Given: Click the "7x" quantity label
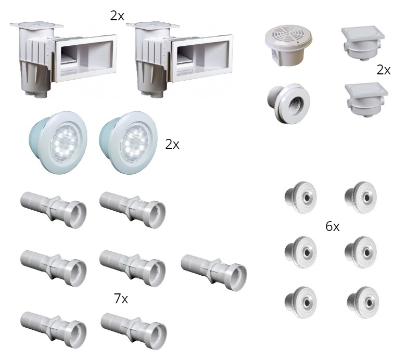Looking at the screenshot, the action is click(x=121, y=299).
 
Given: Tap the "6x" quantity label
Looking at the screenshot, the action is click(x=333, y=226).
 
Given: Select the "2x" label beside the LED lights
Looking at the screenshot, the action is click(x=172, y=145).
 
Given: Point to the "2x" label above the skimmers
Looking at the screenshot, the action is click(x=117, y=16).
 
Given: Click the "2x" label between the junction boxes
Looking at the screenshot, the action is click(x=384, y=70).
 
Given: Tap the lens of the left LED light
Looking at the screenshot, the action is click(x=64, y=143).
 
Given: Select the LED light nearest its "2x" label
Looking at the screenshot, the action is click(x=128, y=143).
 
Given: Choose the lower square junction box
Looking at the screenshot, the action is click(x=366, y=100).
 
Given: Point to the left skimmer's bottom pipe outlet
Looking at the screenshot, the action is click(x=40, y=93).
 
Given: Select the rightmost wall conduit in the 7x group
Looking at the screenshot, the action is click(x=213, y=273).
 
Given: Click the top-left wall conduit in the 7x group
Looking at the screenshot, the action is click(x=53, y=210).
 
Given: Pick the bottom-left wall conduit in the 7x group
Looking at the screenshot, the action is click(x=53, y=330).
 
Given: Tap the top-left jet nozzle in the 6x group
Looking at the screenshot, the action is click(x=301, y=197).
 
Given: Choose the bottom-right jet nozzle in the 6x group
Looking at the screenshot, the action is click(x=363, y=302).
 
